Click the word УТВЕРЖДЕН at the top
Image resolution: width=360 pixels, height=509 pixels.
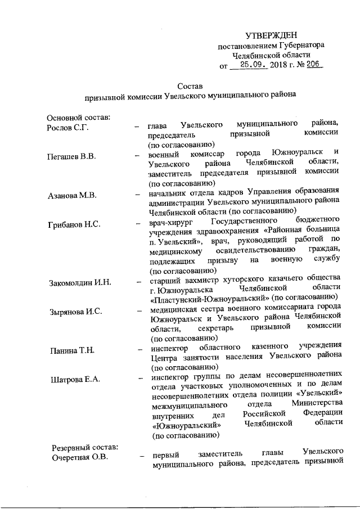(272, 35)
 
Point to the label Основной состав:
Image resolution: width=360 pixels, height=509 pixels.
(79, 117)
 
